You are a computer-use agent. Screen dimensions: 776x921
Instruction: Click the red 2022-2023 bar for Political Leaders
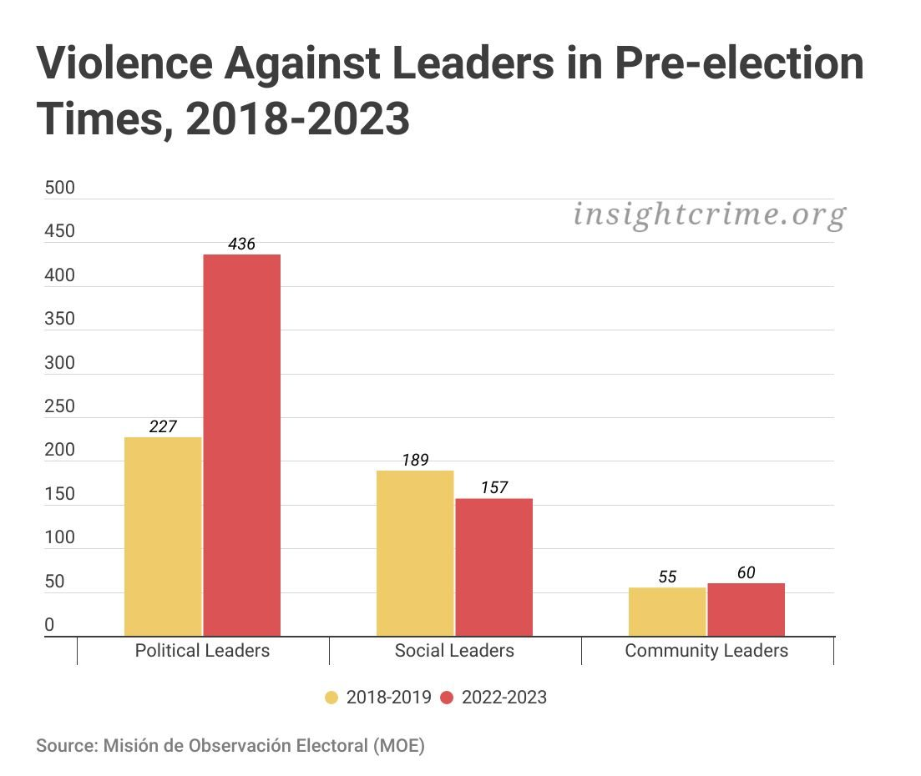click(242, 445)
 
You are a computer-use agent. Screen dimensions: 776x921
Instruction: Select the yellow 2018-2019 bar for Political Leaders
click(163, 537)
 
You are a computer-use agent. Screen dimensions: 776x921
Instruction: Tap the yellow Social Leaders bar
click(415, 553)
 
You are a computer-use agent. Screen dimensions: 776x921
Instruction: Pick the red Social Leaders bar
click(493, 567)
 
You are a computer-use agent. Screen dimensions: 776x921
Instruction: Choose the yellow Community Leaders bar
click(667, 612)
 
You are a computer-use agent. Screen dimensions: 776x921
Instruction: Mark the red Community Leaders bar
click(746, 610)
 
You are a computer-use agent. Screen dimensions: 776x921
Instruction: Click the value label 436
click(241, 244)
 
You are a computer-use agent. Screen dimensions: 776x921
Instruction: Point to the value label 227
click(163, 426)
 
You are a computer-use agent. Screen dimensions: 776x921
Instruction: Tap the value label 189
click(415, 461)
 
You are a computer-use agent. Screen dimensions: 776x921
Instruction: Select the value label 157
click(493, 488)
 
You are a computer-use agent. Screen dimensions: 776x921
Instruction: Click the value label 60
click(746, 573)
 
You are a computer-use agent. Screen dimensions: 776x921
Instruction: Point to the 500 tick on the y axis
click(59, 189)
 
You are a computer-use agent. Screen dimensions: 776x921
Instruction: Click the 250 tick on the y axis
click(59, 407)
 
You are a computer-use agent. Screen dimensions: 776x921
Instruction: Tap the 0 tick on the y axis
click(49, 625)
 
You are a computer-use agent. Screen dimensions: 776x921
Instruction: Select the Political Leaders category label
click(202, 651)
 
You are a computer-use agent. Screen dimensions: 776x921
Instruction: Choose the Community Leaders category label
click(706, 651)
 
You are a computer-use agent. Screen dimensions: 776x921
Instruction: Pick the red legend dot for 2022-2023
click(446, 698)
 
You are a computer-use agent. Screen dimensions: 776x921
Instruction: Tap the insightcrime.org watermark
click(709, 215)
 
